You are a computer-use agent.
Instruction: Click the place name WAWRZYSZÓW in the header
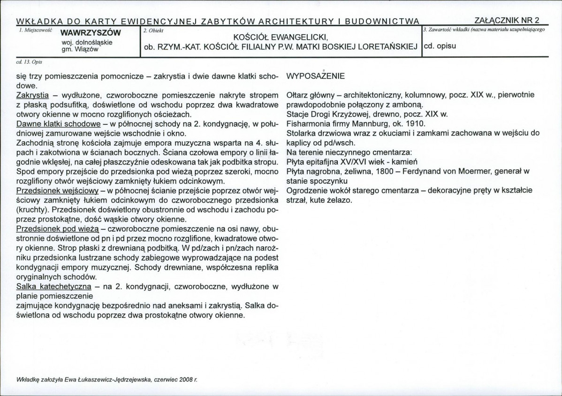[x=88, y=32]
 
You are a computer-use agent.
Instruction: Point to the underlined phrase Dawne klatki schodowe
[x=58, y=124]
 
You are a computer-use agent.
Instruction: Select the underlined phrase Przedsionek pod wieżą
[x=57, y=229]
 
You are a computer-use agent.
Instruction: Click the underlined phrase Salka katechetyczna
[x=53, y=286]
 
